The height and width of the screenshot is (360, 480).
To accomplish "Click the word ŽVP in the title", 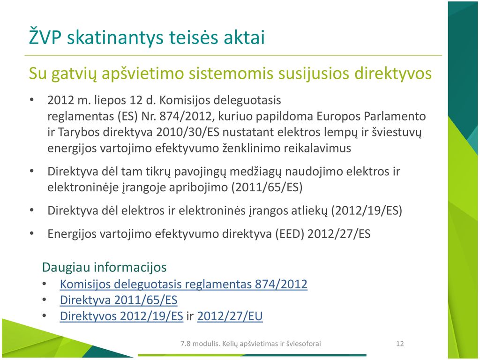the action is pos(45,36).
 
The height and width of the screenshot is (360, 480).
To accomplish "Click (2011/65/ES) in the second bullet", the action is pos(267,187).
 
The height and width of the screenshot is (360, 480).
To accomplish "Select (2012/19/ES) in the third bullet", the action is pos(367,210).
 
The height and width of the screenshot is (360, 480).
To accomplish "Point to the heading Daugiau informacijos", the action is pos(104,267).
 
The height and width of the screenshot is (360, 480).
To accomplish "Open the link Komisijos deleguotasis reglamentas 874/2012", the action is pos(183,285).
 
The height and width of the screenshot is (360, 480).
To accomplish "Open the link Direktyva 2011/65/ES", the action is pos(119,300).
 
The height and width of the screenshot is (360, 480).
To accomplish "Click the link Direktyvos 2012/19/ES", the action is pos(121,316).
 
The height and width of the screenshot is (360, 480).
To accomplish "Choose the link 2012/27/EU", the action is pos(230,316).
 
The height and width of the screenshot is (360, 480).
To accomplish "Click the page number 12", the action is pos(400,344).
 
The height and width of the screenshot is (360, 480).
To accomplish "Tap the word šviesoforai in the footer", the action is pos(303,344).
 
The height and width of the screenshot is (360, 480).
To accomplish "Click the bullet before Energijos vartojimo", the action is pos(32,233).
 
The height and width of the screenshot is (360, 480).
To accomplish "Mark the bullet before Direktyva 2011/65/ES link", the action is pos(44,300).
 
